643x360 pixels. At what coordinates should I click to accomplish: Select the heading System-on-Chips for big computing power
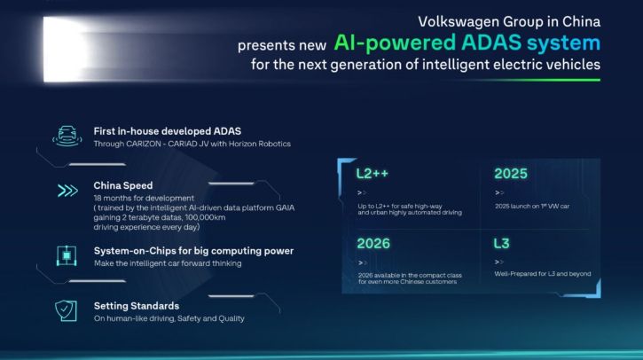point(192,251)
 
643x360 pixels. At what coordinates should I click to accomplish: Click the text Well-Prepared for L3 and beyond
point(542,274)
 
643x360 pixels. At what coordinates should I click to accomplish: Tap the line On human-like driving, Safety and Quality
point(169,318)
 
